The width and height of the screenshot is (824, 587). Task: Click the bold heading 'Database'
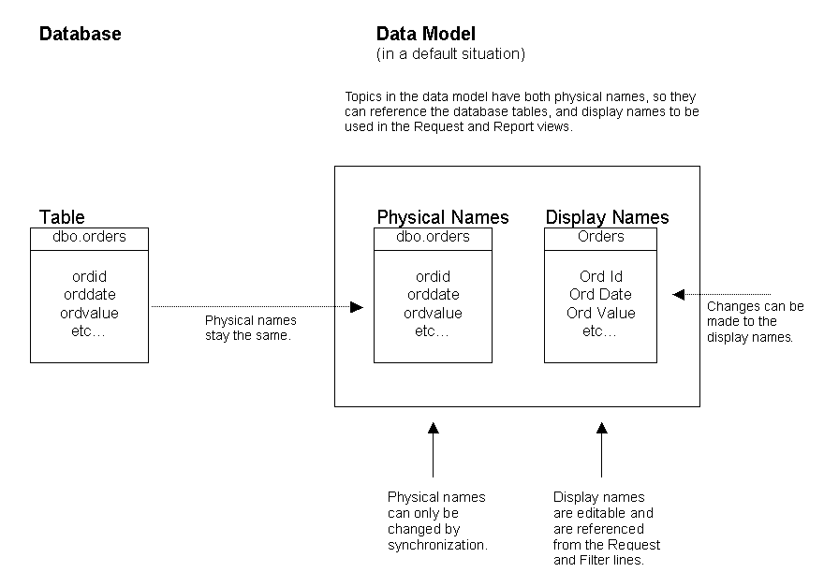pos(80,35)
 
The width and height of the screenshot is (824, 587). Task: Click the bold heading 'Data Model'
pos(426,35)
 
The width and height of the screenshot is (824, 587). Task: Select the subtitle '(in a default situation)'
pos(450,54)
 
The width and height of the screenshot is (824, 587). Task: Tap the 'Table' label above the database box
pos(62,217)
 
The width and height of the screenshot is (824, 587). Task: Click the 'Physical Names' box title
pos(443,217)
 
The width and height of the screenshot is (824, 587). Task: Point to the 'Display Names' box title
pos(607,217)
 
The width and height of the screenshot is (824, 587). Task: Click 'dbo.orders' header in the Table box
pos(89,237)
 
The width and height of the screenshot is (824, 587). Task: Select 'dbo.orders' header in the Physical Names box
pos(433,237)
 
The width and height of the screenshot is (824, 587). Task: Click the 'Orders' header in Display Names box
pos(600,237)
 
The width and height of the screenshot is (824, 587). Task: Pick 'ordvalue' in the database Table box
pos(89,313)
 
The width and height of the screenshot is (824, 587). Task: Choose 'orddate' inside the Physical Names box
pos(433,295)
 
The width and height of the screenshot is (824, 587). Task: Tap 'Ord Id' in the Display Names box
pos(600,277)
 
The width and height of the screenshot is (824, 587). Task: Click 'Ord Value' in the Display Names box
pos(600,313)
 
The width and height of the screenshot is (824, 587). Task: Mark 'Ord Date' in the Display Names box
pos(600,295)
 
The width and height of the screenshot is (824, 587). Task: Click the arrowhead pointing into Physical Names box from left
pos(357,306)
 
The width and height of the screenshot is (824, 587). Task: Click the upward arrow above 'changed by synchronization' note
pos(433,429)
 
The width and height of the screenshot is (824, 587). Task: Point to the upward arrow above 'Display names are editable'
pos(601,429)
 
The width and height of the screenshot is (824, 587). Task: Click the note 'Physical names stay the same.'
pos(250,328)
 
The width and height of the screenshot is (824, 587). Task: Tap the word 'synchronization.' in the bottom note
pos(437,545)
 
